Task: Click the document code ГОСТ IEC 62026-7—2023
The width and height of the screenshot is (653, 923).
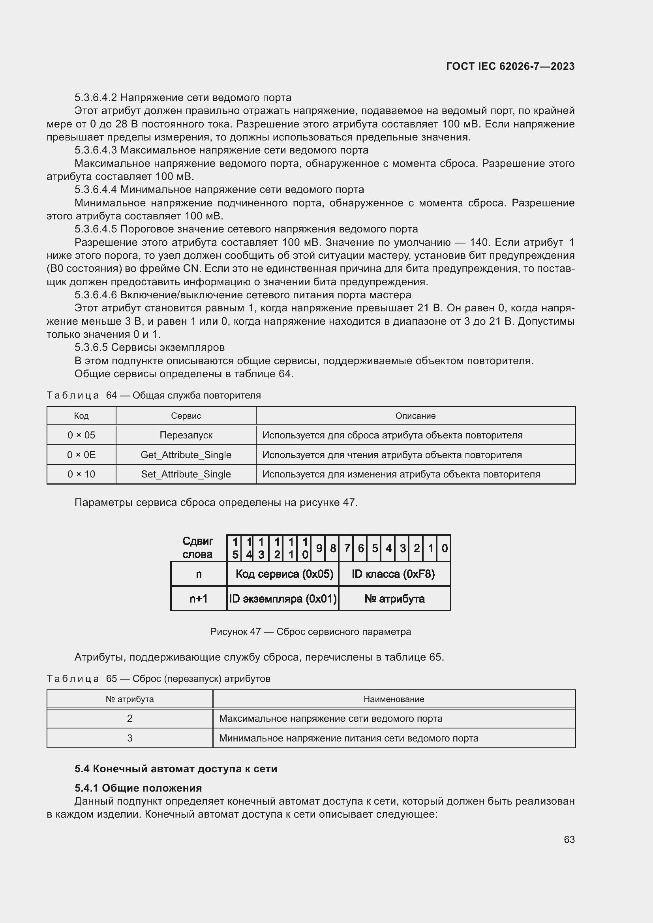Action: tap(510, 66)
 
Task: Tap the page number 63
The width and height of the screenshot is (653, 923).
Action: tap(569, 839)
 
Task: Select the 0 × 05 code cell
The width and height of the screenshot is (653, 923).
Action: tap(81, 435)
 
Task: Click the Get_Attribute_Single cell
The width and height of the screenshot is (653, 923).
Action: tap(186, 455)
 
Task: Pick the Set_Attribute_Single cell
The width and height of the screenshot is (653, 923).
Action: tap(186, 474)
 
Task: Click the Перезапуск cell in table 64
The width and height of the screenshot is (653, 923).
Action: tap(186, 435)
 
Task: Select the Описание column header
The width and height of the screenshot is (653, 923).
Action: tap(415, 416)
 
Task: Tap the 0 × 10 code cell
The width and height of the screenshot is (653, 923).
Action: tap(81, 474)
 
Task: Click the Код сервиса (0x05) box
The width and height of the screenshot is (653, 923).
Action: tap(284, 574)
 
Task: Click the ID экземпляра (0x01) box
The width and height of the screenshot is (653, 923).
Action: tap(283, 599)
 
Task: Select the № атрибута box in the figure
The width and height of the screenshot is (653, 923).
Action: tap(394, 599)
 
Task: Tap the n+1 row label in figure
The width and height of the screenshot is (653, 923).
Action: tap(199, 599)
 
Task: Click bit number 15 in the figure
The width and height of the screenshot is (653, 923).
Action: tap(235, 548)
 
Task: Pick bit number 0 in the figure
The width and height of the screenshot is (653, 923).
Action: tap(444, 548)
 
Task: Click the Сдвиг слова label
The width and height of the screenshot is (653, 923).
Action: tap(198, 548)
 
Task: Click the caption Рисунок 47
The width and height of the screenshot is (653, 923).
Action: tap(310, 631)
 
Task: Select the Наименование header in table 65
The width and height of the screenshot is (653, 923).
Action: tap(394, 699)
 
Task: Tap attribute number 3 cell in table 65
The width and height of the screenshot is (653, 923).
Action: tap(129, 738)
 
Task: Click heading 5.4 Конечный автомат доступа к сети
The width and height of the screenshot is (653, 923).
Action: tap(176, 769)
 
